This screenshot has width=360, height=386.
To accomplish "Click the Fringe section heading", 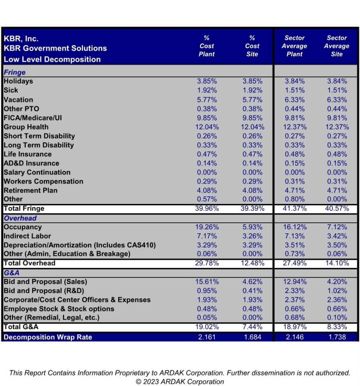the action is point(15,72).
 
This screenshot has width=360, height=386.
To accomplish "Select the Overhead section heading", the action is point(20,218).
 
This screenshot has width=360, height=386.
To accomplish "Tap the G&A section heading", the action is point(12,273).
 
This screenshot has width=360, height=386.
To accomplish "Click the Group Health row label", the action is point(26,127).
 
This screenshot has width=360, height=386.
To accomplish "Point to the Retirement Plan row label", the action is point(31,190).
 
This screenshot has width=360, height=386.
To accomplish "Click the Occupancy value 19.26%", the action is point(207,227).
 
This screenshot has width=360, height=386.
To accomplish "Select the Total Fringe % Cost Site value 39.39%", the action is point(252,208).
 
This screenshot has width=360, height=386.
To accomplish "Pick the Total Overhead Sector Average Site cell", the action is point(337,263).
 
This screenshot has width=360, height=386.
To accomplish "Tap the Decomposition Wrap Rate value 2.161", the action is point(207,337).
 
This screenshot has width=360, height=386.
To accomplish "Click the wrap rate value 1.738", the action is point(337,337).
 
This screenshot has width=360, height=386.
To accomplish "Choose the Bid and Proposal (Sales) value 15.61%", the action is point(207,282).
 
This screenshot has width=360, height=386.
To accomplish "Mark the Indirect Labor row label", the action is point(27,236).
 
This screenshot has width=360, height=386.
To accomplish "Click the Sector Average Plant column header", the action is point(294,46).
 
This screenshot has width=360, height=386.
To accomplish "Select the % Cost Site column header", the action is point(252,46).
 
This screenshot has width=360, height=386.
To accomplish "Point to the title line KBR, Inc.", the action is point(21,39).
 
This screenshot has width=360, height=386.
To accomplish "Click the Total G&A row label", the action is point(21,327).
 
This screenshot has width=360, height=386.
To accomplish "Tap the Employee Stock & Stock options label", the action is point(59,309).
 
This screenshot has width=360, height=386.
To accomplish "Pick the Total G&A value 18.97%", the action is point(295,327).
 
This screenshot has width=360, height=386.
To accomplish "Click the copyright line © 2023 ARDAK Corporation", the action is point(180,382).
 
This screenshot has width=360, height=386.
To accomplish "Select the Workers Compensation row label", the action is point(43,181).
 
